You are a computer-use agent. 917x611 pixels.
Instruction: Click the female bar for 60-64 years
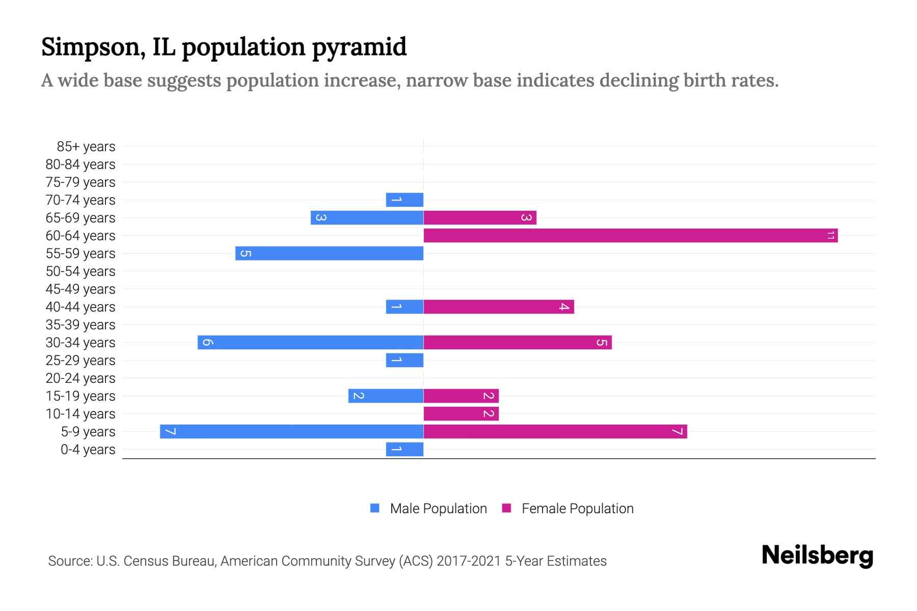[x=631, y=235]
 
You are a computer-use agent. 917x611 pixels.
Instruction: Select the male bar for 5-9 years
[x=291, y=431]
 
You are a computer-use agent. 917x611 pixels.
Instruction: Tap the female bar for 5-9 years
[x=555, y=431]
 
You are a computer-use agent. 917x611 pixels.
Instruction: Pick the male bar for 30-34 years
[x=311, y=342]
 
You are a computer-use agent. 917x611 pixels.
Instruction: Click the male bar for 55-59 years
[x=329, y=253]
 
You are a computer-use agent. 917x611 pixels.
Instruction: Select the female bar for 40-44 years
[x=499, y=307]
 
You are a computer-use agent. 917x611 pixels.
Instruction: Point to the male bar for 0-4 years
[x=404, y=449]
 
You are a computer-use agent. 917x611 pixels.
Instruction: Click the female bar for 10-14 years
[x=461, y=413]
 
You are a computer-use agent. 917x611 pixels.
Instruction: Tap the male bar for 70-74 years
[x=404, y=200]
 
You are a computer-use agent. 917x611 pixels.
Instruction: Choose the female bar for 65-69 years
[x=480, y=217]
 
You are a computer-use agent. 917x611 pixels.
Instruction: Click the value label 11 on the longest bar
[x=830, y=235]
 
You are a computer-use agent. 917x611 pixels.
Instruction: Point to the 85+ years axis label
[x=86, y=147]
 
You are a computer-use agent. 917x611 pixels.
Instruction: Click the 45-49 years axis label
[x=80, y=289]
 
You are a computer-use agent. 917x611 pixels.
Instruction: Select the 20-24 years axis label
[x=80, y=378]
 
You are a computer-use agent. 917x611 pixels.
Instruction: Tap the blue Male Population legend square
[x=375, y=508]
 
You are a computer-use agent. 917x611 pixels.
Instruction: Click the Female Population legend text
[x=577, y=508]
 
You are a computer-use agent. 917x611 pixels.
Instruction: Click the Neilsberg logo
[x=817, y=556]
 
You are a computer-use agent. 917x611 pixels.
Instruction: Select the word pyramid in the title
[x=359, y=47]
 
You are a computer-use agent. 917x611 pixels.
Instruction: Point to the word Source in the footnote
[x=69, y=561]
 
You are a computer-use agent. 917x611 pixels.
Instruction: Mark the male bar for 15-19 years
[x=386, y=396]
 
